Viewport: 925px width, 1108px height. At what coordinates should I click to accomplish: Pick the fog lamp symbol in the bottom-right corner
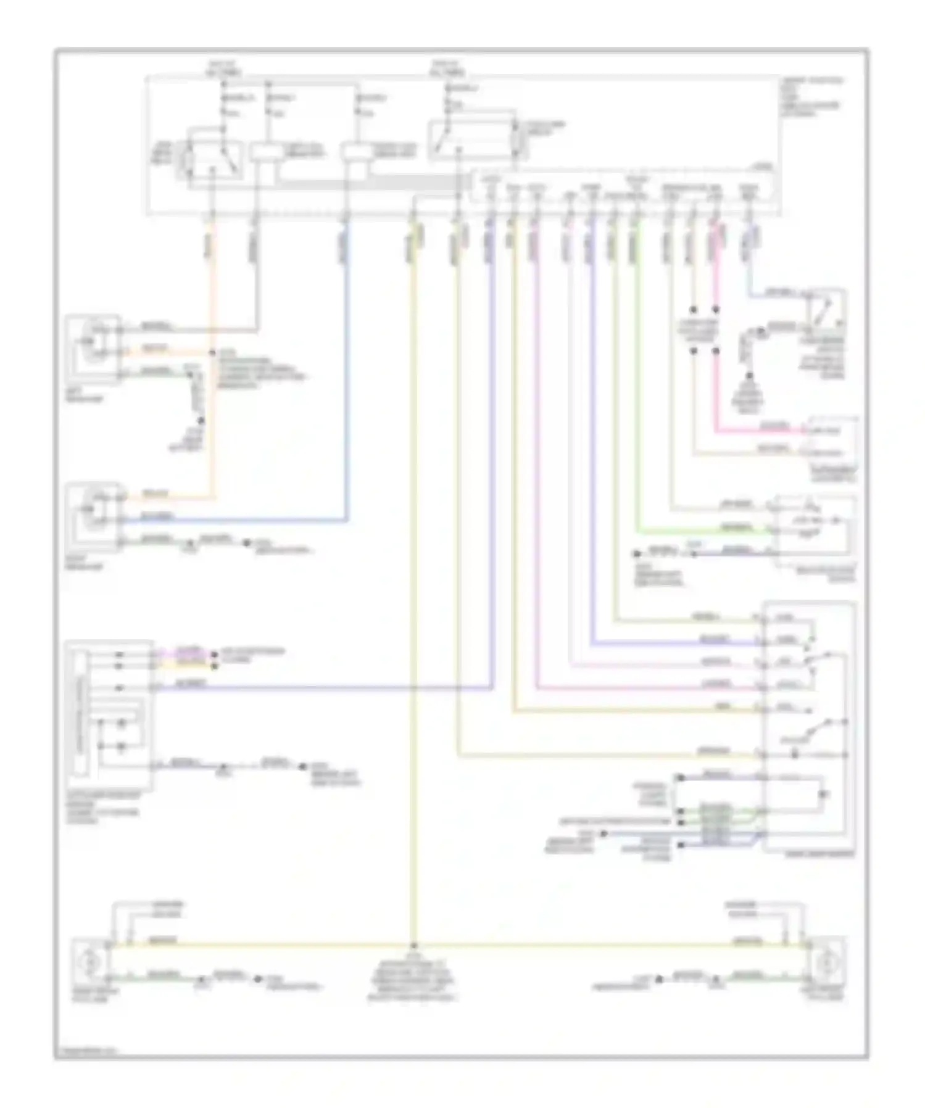click(826, 961)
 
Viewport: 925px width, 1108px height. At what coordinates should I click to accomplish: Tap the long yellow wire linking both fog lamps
click(555, 945)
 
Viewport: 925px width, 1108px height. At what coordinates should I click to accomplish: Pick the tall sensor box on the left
click(109, 716)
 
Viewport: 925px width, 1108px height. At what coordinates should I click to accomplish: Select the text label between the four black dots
click(703, 331)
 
